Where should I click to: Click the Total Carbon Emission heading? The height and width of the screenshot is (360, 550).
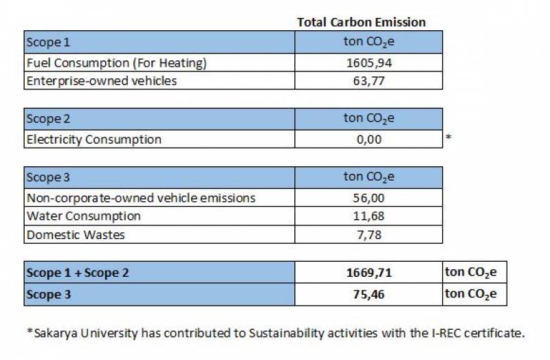[x=361, y=22]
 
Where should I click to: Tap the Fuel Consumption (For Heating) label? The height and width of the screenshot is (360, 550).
[x=116, y=63]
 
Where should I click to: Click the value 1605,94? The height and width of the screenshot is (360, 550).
[x=369, y=63]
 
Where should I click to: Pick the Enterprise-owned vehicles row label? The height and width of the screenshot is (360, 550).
[x=101, y=81]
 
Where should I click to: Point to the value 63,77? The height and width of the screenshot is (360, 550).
[x=369, y=81]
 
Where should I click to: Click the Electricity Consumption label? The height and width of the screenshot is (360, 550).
[x=93, y=139]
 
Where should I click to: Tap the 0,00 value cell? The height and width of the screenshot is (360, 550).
[x=369, y=139]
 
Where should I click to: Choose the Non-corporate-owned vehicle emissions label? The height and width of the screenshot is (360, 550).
[x=141, y=198]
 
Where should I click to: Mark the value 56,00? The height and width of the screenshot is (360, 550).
[x=369, y=198]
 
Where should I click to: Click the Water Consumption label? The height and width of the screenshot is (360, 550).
[x=83, y=216]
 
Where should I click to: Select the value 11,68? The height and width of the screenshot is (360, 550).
[x=369, y=216]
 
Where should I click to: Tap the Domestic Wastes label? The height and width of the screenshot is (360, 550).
[x=76, y=235]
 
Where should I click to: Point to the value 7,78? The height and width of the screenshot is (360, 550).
[x=369, y=235]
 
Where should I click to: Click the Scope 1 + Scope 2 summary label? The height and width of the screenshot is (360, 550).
[x=78, y=273]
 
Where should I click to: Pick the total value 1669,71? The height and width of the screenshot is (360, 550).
[x=369, y=273]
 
